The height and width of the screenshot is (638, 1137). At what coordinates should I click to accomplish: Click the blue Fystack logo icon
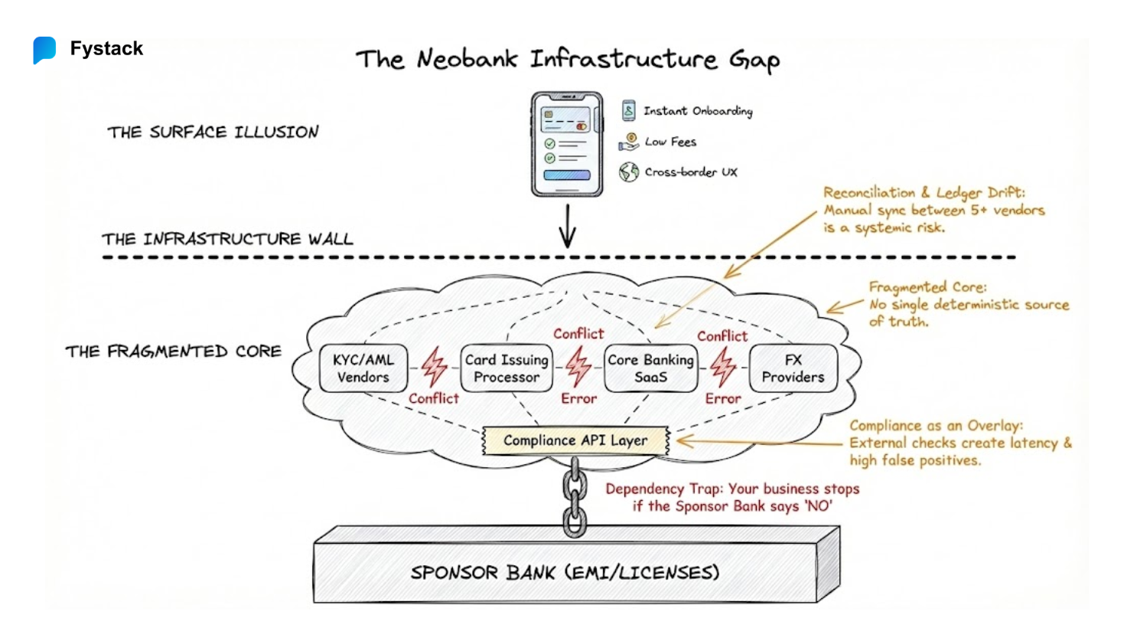[44, 50]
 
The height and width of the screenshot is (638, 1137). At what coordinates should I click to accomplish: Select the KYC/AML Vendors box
[363, 368]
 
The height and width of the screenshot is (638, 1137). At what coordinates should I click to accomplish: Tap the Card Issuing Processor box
[507, 368]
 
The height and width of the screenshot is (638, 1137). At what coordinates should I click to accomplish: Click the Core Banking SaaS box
[650, 368]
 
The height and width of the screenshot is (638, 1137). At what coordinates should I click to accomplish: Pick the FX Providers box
[793, 368]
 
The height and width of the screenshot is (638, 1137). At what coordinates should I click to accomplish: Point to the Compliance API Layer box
[575, 440]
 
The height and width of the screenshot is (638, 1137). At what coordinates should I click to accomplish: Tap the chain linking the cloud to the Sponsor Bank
[575, 498]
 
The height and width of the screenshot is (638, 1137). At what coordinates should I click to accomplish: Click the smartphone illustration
[567, 144]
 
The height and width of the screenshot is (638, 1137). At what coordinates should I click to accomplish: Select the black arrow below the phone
[567, 226]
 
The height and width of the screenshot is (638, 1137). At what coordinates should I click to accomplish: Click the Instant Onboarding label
[697, 111]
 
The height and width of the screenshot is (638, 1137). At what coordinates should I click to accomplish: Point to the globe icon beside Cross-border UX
[629, 172]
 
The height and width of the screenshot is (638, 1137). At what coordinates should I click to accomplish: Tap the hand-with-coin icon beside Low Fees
[629, 142]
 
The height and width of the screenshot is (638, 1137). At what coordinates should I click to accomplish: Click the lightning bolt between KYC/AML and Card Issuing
[434, 367]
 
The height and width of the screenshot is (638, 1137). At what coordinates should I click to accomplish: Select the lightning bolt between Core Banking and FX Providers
[722, 367]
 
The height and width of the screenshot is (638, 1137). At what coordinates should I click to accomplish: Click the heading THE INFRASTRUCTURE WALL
[227, 239]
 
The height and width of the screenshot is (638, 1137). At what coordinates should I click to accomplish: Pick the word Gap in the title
[754, 60]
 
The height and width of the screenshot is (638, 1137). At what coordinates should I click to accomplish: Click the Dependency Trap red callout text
[732, 497]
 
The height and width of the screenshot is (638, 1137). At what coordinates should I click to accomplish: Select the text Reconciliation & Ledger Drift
[924, 192]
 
